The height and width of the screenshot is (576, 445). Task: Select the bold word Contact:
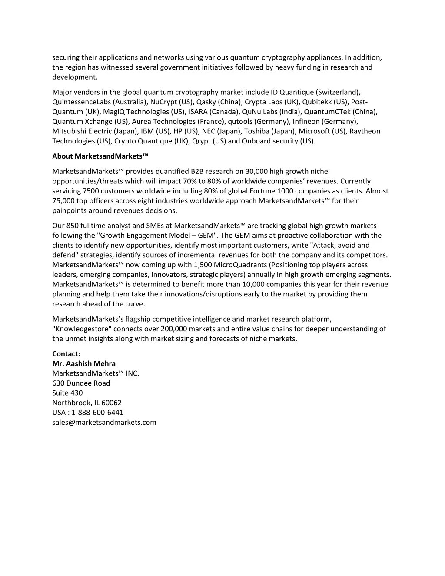click(66, 354)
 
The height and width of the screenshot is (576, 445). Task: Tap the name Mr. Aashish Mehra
click(84, 363)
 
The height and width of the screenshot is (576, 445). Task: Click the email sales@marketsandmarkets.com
click(104, 422)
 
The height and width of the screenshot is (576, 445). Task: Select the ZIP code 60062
click(112, 403)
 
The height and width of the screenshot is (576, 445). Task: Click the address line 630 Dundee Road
click(81, 383)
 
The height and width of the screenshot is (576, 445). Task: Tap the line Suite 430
click(67, 393)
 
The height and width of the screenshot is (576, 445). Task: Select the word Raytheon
click(365, 131)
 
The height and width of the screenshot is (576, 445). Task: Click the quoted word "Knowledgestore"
click(82, 329)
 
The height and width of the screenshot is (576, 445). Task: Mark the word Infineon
click(306, 121)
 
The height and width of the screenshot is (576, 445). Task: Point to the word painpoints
click(70, 210)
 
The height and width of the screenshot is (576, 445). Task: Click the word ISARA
click(198, 112)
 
